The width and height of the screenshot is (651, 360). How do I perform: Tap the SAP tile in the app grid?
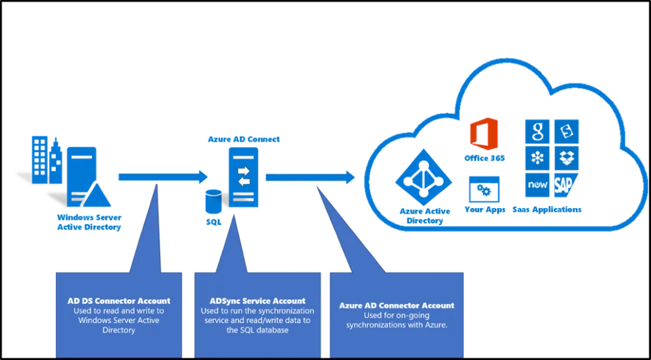tap(566, 185)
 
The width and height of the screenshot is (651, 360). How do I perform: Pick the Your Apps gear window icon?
tap(484, 189)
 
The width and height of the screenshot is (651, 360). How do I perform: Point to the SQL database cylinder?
tap(214, 202)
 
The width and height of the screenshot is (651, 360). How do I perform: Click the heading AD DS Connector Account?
tap(119, 301)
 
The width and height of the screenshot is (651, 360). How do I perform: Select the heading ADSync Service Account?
tap(257, 301)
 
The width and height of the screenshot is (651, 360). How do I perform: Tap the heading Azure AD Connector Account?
tap(397, 305)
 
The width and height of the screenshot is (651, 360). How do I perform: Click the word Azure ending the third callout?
tap(435, 325)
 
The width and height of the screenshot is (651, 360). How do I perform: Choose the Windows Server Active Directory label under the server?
tap(88, 223)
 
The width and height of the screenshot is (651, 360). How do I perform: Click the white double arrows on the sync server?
tap(244, 176)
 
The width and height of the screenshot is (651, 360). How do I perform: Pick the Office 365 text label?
tap(484, 157)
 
